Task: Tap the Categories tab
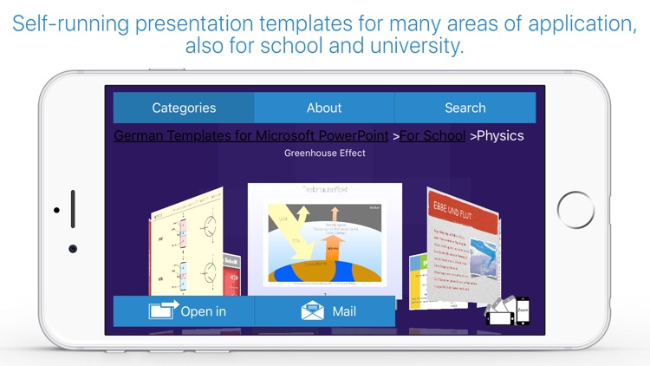184,108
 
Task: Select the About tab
324,108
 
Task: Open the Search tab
465,108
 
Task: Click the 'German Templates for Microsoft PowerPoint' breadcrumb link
251,136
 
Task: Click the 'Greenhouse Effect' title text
325,154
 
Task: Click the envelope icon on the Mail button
313,311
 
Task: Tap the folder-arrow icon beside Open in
164,311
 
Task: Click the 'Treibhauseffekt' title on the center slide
324,189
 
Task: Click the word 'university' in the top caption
419,46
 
